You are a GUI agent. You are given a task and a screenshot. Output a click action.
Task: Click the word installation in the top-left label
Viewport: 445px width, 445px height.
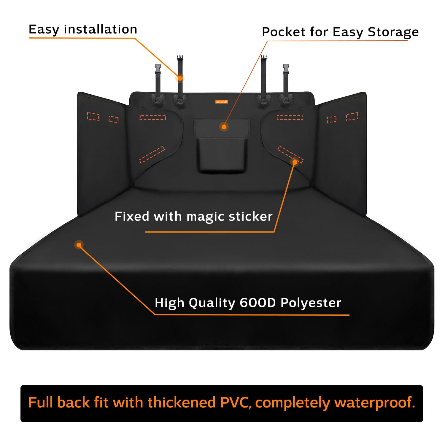click(101, 29)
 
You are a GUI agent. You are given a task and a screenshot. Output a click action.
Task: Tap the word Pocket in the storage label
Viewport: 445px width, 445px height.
click(283, 32)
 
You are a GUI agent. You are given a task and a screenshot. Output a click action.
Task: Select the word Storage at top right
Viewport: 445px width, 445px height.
click(393, 32)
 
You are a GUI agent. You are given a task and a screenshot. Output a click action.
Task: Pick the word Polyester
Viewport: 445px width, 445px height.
click(311, 303)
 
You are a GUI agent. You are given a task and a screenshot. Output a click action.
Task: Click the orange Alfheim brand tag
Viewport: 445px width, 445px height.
click(222, 102)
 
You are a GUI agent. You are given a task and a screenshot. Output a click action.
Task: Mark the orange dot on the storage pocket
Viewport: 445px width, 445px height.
click(224, 127)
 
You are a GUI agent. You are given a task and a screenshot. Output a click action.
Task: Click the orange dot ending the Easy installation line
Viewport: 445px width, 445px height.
click(180, 78)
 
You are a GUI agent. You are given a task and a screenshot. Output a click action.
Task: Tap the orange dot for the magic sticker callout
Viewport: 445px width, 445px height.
click(295, 162)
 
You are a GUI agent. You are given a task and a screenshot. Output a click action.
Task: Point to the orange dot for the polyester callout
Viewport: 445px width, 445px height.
click(79, 245)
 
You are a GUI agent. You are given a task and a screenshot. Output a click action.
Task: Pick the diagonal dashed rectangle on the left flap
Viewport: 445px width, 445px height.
click(152, 155)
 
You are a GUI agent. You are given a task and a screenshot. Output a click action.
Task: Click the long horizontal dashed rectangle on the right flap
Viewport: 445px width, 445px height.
click(290, 118)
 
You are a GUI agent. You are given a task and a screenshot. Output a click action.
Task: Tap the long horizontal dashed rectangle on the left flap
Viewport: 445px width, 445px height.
click(152, 117)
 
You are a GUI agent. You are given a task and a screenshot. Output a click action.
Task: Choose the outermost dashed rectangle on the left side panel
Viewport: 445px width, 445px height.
click(93, 117)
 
